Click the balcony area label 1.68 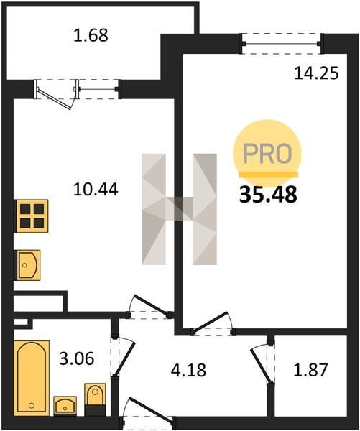tap(91, 35)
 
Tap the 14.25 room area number tap(316, 73)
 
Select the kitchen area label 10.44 tap(96, 190)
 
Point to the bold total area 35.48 tap(268, 195)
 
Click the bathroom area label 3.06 tap(77, 358)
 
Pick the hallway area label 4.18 tap(188, 370)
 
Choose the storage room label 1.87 tap(310, 370)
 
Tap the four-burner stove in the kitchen tap(32, 216)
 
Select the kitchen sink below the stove tap(28, 265)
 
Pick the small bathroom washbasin tap(65, 405)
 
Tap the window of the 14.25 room tap(282, 43)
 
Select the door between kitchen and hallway tap(149, 307)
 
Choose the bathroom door tap(122, 357)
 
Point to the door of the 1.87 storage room tap(263, 362)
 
